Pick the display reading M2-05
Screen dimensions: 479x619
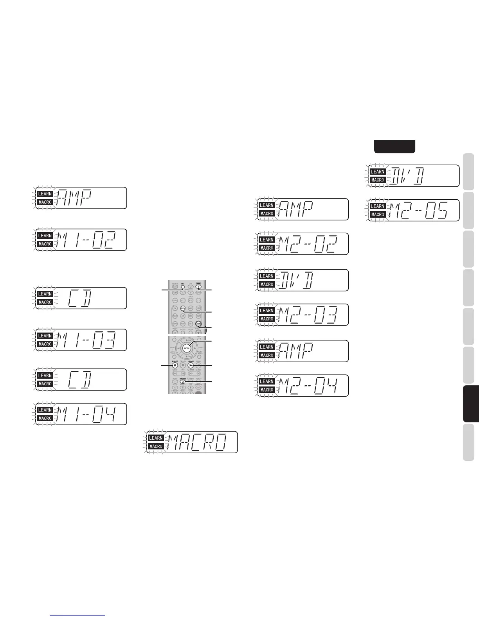422,210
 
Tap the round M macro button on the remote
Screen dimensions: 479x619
175,365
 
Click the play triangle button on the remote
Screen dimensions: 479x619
191,365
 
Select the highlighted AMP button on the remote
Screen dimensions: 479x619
198,324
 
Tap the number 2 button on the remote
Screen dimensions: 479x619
183,381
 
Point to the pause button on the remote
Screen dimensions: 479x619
183,365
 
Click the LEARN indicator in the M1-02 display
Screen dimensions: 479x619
45,236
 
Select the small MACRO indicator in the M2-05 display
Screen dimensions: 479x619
378,215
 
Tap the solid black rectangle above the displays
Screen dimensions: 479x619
394,147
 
